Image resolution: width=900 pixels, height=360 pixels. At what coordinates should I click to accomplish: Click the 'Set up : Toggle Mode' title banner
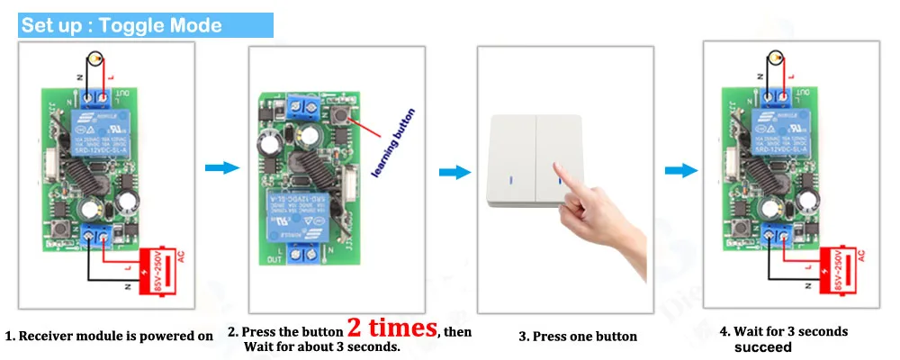pos(121,25)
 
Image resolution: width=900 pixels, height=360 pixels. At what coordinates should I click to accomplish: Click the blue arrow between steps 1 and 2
pos(222,169)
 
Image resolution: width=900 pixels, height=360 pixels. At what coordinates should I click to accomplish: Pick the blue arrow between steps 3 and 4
pos(681,169)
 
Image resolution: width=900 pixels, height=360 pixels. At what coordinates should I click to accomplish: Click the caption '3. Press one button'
pos(578,337)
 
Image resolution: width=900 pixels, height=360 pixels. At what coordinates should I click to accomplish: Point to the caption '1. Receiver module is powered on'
pos(109,337)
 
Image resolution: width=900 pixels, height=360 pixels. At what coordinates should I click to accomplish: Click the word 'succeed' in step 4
pos(762,347)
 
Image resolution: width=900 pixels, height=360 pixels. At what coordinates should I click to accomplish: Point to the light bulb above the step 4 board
pos(776,54)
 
